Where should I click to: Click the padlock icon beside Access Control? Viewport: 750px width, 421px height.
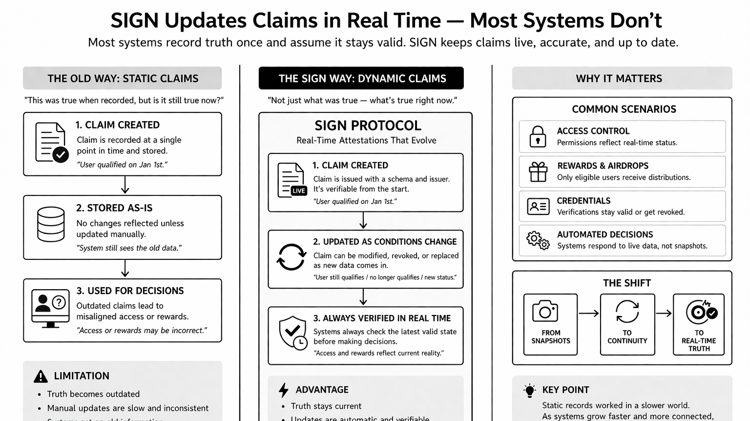[x=538, y=137]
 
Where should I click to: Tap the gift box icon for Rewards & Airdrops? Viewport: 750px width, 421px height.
[x=538, y=172]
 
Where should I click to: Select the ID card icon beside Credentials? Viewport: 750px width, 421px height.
[x=538, y=207]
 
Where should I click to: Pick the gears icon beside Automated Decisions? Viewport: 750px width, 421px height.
[x=538, y=240]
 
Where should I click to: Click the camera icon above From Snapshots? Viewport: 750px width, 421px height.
[x=545, y=311]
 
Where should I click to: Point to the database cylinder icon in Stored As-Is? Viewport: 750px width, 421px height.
[x=51, y=224]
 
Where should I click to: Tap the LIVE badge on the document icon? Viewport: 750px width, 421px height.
[x=299, y=191]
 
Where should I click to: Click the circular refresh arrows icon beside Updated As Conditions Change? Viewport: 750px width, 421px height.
[x=291, y=257]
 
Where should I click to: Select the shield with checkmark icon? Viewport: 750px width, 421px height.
[x=292, y=332]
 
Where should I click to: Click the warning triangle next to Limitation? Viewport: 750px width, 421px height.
[x=41, y=376]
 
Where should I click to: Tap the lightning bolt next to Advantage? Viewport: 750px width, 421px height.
[x=283, y=390]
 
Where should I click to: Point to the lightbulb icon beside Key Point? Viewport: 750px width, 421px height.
[x=529, y=391]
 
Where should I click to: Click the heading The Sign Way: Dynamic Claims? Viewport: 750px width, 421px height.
[x=361, y=79]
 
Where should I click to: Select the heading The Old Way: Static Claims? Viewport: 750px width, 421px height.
[x=123, y=79]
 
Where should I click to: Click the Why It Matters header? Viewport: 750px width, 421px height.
[x=619, y=79]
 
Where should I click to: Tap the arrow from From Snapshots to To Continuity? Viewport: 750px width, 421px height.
[x=588, y=314]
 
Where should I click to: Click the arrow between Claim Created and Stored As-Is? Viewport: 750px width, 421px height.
[x=125, y=185]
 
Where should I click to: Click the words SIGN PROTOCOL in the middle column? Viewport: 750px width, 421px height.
[x=368, y=126]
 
